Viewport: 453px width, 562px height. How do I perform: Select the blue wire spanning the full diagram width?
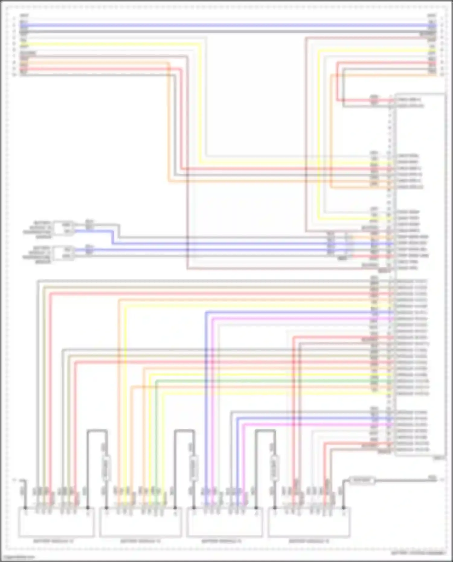tap(226, 25)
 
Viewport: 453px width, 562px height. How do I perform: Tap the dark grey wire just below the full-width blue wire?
tap(226, 31)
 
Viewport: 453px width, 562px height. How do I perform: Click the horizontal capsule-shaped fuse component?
tap(362, 480)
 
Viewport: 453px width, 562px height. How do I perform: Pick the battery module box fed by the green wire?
tap(141, 522)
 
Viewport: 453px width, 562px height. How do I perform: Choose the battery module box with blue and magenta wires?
tap(225, 522)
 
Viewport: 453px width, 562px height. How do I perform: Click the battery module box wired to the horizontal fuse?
tap(309, 522)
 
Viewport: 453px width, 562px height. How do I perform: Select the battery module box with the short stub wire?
tap(56, 522)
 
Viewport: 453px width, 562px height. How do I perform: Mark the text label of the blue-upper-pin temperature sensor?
tap(38, 255)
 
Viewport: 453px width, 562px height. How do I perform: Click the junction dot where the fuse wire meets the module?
tap(343, 508)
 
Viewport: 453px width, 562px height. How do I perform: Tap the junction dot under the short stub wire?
tap(26, 508)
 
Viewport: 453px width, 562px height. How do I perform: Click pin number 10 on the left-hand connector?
tap(14, 75)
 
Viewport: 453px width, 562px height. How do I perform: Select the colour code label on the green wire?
tap(374, 381)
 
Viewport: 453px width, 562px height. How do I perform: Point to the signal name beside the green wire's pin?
tap(413, 381)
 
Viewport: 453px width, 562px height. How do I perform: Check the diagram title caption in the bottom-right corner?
tap(419, 553)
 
